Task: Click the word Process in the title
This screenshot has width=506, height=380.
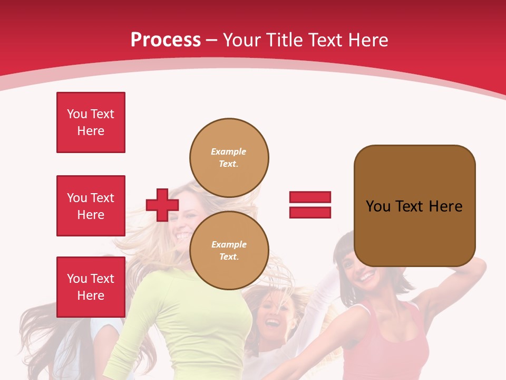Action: [x=166, y=40]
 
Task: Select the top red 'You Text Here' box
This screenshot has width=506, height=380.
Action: [x=91, y=122]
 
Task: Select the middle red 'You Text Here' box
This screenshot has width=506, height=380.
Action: [x=91, y=206]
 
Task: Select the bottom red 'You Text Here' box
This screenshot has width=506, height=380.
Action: [x=91, y=287]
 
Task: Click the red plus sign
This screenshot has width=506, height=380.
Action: [x=162, y=205]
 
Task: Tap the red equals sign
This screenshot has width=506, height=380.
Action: [x=310, y=205]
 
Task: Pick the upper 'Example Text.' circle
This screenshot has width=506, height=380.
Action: [x=229, y=157]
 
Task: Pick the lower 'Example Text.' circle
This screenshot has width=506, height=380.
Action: [x=229, y=250]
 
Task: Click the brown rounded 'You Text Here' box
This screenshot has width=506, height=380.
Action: [x=414, y=206]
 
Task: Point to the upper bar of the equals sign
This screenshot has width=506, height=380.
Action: [x=310, y=197]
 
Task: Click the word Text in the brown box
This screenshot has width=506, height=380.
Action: [x=411, y=206]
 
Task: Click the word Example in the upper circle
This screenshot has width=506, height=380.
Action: [x=229, y=151]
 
